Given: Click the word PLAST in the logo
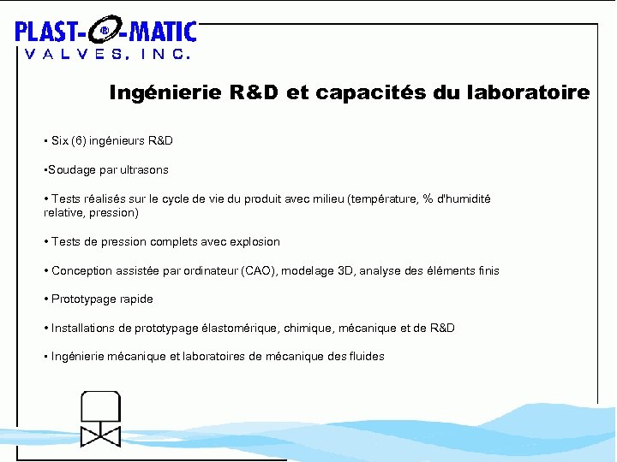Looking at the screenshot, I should [48, 33].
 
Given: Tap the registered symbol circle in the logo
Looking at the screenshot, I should [105, 32].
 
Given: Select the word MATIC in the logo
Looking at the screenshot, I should [162, 33].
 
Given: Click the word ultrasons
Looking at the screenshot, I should [143, 169].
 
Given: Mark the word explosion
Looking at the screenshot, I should [251, 242].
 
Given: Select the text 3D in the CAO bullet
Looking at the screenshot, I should [344, 271].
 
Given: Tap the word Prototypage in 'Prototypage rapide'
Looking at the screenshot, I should [84, 299].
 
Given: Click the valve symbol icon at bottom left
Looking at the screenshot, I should [101, 419].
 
